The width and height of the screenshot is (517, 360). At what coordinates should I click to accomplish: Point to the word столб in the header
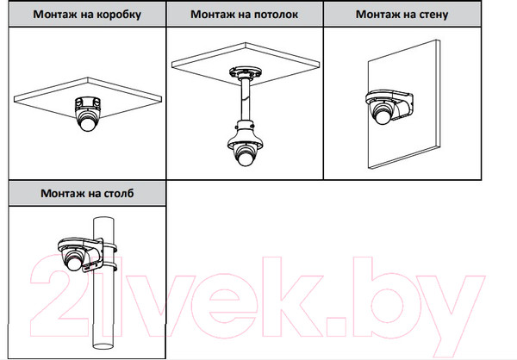point(119,193)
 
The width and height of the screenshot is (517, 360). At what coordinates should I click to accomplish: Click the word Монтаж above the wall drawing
point(374,14)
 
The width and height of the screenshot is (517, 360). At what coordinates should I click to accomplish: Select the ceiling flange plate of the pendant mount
point(245,72)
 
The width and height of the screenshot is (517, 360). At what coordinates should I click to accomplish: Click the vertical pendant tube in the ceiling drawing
point(246,100)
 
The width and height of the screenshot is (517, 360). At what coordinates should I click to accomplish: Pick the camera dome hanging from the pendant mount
point(245,155)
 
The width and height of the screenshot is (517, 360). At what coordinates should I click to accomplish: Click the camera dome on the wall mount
point(383,113)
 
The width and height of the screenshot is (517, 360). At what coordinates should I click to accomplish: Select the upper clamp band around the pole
point(109,246)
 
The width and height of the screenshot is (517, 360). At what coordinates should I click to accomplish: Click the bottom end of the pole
point(103,345)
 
